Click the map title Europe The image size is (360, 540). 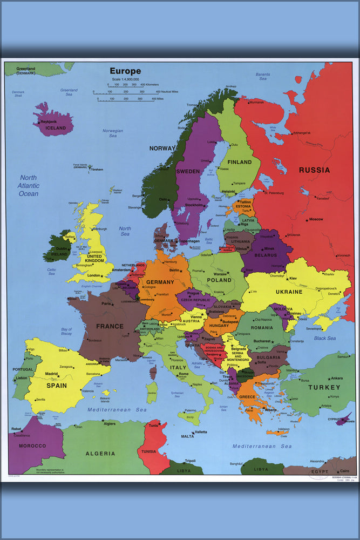(x=125, y=71)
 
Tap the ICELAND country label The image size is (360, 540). (x=56, y=128)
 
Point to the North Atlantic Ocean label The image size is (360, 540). (x=29, y=185)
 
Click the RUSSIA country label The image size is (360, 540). (x=314, y=170)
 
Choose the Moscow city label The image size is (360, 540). (x=315, y=219)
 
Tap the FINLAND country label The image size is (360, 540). (x=240, y=162)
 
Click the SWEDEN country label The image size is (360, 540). (x=188, y=171)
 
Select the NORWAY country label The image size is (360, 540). (x=162, y=148)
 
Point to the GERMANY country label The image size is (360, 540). (x=160, y=282)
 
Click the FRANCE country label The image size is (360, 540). (x=110, y=326)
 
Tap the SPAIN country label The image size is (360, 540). (x=56, y=386)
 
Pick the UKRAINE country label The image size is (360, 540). (x=289, y=292)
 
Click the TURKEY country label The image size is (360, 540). (x=324, y=387)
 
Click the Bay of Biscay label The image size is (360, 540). (x=66, y=332)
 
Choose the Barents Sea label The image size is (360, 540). (x=263, y=76)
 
